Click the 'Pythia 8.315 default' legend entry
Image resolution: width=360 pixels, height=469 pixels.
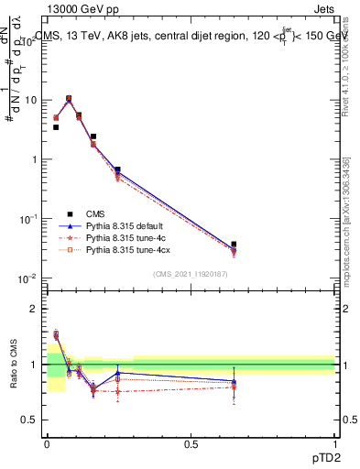coord(125,224)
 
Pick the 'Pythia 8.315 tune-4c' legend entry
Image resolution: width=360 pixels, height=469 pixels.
coord(124,236)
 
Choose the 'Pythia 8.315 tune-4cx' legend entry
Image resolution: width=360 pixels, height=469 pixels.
coord(126,248)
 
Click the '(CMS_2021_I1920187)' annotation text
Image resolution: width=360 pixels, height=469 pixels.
coord(190,274)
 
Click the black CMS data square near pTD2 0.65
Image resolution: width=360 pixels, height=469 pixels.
coord(234,245)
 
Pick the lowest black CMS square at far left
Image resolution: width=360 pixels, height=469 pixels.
coord(56,127)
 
